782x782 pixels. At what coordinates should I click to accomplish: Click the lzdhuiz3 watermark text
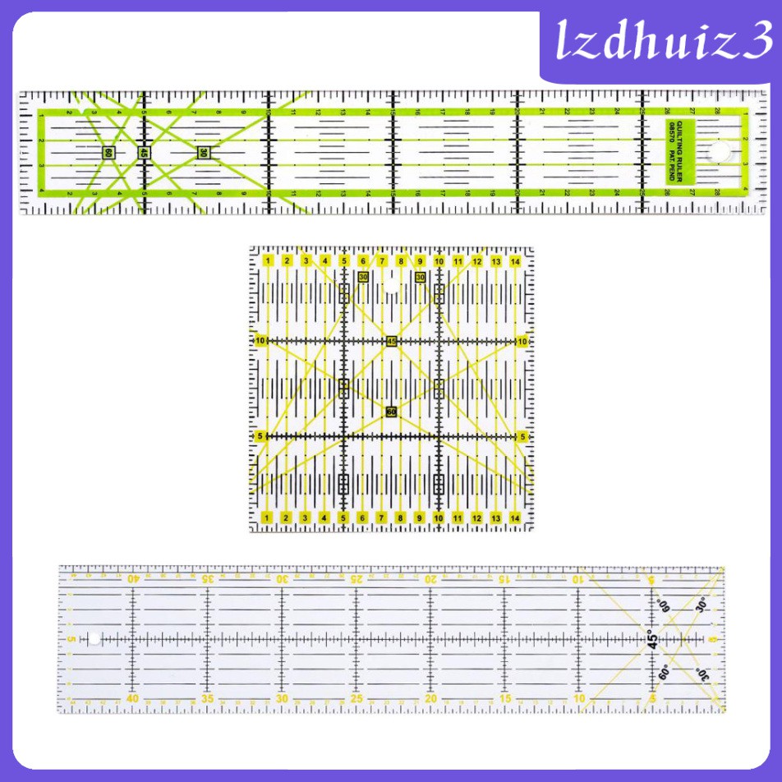pos(660,39)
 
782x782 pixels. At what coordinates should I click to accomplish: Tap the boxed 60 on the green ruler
pos(108,153)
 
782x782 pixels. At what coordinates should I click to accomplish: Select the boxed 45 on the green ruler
pos(144,153)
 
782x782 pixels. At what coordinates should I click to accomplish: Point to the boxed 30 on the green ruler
pos(202,152)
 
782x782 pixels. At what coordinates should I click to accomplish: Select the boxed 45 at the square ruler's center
pos(392,341)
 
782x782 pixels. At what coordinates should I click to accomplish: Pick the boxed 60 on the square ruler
pos(391,412)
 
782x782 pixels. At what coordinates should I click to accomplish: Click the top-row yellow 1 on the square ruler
pos(269,261)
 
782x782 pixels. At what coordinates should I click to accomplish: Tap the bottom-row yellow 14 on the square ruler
pos(515,517)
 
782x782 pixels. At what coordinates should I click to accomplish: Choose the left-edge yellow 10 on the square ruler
pos(260,341)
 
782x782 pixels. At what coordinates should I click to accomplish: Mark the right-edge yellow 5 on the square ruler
pos(523,436)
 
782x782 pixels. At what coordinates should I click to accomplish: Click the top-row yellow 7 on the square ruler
pos(382,261)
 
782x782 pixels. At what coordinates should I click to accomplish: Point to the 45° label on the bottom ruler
pos(654,639)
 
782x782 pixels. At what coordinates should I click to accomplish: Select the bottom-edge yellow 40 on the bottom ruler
pos(132,699)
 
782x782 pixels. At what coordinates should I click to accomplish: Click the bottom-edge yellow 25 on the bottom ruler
pos(356,699)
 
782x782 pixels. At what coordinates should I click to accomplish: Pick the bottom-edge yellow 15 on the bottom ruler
pos(504,699)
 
